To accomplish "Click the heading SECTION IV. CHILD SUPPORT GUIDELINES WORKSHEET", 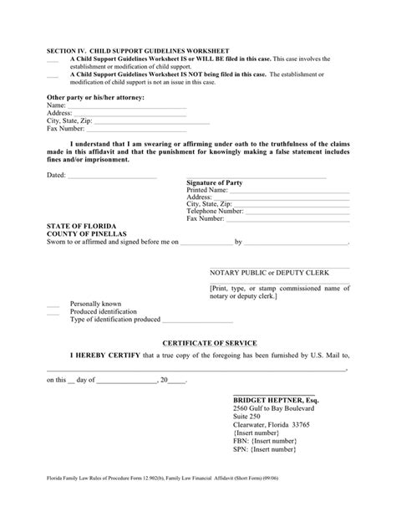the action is click(x=138, y=51).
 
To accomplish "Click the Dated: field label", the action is click(x=55, y=176).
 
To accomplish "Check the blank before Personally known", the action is click(x=53, y=304).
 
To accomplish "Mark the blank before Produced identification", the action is click(x=53, y=311).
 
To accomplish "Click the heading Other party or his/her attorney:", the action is click(x=96, y=98).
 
